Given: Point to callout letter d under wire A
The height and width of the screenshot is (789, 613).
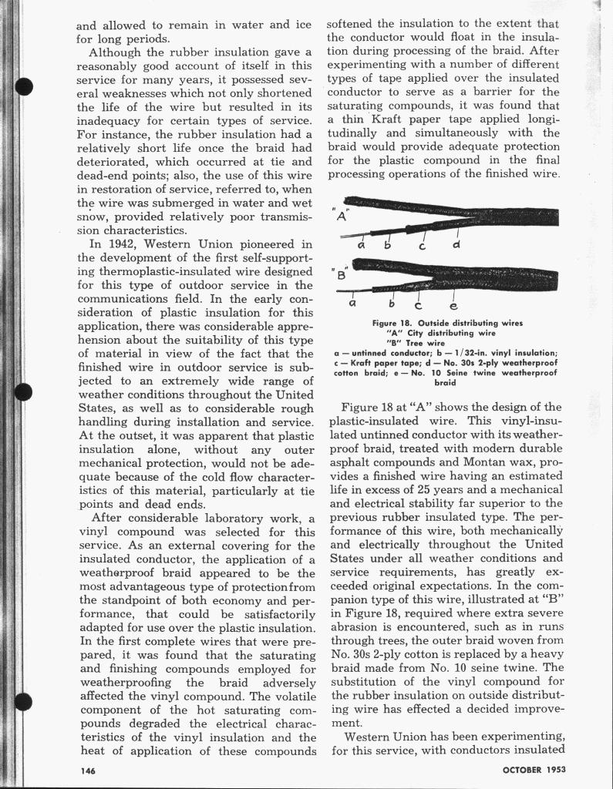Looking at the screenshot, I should coord(456,245).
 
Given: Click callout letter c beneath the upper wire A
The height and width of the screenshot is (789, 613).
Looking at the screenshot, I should coord(422,247).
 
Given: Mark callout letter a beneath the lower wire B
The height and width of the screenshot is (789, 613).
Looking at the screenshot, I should coord(352,304).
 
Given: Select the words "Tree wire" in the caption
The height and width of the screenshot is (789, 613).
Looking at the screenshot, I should coord(426,343).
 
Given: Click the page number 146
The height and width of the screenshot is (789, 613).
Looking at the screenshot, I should coord(87,771).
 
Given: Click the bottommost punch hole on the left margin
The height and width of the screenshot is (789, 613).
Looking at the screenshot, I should coord(23,703).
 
